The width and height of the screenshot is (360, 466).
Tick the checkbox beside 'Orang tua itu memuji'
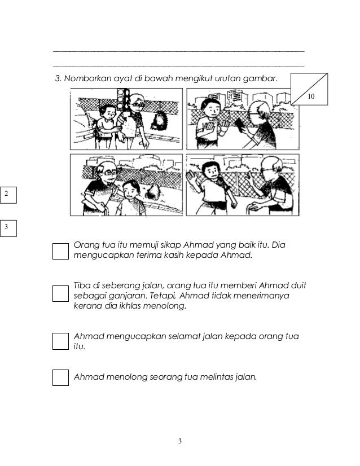pos(60,251)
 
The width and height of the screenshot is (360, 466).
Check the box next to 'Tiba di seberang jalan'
pos(60,293)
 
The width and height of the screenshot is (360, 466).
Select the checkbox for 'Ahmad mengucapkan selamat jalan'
pos(60,341)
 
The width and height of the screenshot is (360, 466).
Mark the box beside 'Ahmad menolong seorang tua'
pos(60,377)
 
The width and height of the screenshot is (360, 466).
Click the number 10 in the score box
pos(311,96)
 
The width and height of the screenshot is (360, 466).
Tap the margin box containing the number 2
pos(8,195)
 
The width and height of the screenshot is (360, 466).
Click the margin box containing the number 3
pos(8,228)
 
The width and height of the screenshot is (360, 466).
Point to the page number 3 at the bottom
pos(180,441)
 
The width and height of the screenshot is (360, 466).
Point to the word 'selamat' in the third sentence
pos(185,336)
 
